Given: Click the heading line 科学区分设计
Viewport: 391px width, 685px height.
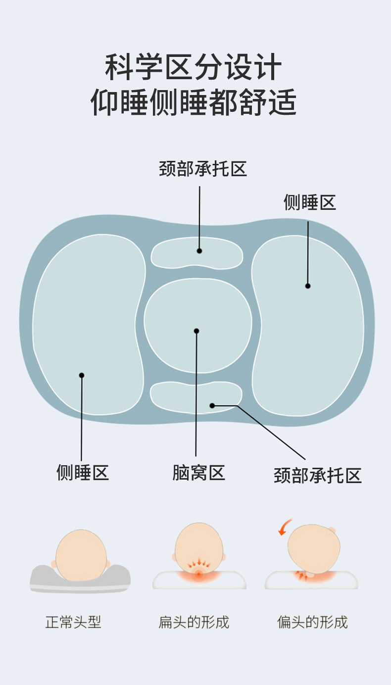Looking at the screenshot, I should point(194,68).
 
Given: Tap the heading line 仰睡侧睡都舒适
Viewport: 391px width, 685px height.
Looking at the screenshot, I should point(194,103).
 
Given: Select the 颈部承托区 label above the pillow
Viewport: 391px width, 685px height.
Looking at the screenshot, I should point(203,169).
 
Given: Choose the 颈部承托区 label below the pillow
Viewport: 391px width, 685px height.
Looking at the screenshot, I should point(318,476).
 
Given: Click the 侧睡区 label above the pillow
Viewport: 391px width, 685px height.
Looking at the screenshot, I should point(309,202).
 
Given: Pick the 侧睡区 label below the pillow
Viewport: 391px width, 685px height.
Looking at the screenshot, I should point(83,473).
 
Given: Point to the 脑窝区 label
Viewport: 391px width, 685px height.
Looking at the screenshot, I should point(198,473).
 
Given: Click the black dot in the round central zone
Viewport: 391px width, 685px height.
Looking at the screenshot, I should point(196,331).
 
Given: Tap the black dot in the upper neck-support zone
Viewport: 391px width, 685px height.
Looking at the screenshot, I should point(199,251).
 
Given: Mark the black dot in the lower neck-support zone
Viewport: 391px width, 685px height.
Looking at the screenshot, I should point(212,405).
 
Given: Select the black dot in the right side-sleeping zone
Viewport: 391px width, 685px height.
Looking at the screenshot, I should point(308,286).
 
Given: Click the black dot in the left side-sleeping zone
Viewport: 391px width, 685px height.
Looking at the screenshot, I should point(82,375).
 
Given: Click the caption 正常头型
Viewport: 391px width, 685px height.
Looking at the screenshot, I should point(73,622).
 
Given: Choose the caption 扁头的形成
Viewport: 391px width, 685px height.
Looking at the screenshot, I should point(194,622).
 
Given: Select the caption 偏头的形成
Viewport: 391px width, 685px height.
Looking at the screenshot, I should point(312,622).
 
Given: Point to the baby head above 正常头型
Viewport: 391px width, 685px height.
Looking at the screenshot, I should point(81,554).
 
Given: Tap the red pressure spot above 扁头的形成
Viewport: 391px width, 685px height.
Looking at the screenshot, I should point(199,574).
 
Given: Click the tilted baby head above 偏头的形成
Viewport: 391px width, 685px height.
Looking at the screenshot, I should point(314,548).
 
